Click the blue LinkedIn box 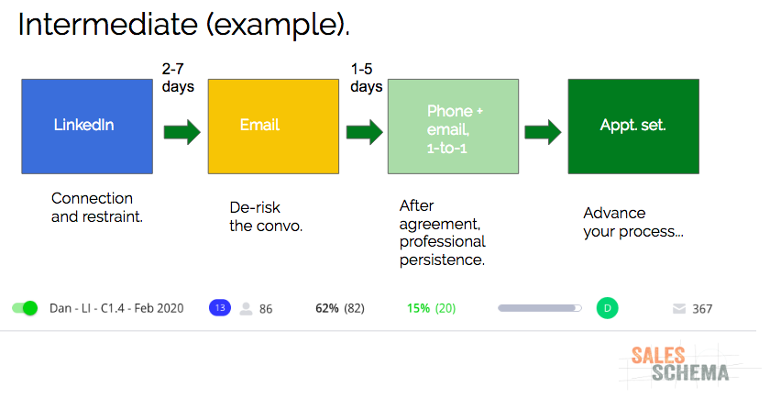[87, 127]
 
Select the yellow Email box [273, 127]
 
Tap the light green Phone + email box [453, 127]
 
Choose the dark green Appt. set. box [633, 127]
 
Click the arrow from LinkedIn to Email [182, 132]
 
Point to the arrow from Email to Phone [365, 132]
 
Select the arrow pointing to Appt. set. [543, 132]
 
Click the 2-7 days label [178, 78]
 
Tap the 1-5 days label [367, 78]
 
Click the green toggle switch [25, 308]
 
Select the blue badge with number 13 [220, 307]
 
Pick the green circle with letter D [608, 308]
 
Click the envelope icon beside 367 [679, 308]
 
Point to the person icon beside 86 [246, 308]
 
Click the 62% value [327, 308]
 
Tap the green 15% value [418, 308]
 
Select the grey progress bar [540, 308]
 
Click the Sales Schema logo [679, 364]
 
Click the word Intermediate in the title [107, 24]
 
